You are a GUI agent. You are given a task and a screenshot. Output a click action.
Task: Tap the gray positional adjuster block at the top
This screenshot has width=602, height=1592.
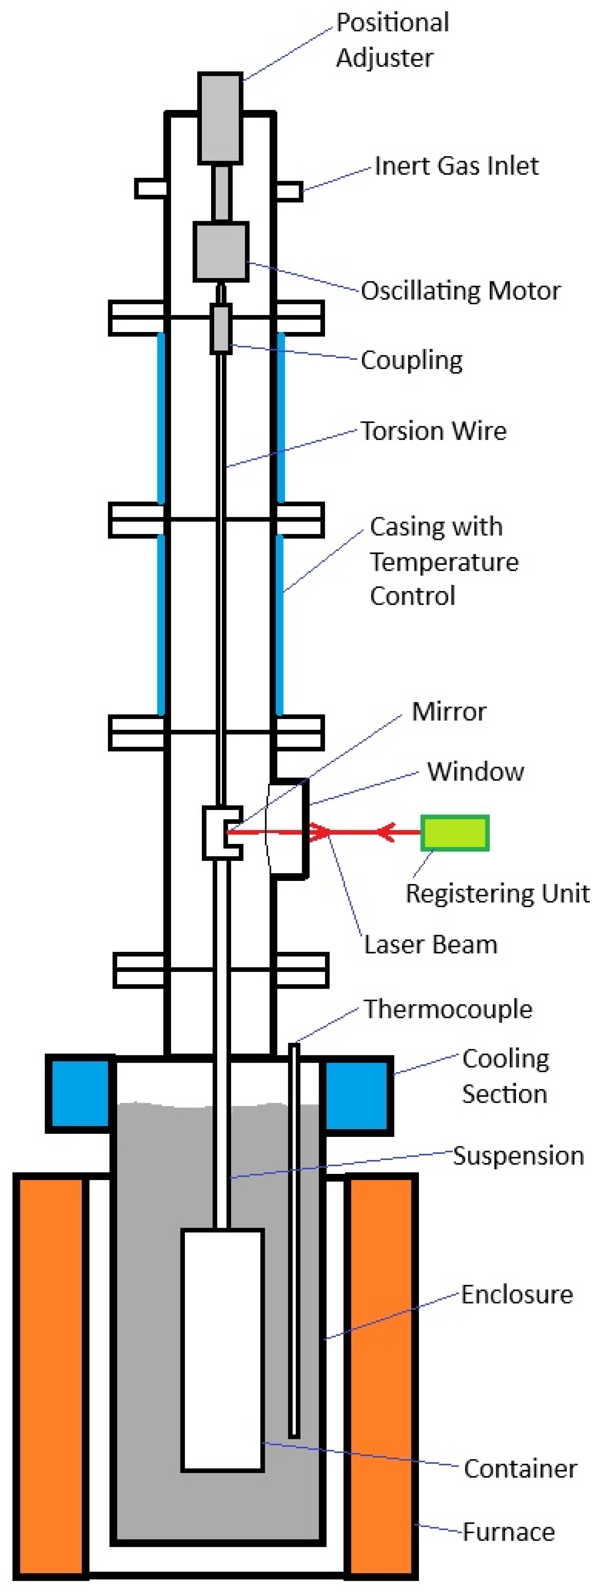220,117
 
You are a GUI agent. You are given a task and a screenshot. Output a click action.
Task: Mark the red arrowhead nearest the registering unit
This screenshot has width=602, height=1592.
388,832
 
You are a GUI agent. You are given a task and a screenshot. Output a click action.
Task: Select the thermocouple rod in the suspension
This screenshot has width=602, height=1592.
294,1236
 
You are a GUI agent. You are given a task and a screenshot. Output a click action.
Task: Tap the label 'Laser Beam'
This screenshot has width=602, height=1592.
430,944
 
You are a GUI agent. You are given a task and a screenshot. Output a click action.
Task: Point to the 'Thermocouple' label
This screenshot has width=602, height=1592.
448,1009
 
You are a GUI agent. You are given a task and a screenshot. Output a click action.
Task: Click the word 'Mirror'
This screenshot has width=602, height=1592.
449,711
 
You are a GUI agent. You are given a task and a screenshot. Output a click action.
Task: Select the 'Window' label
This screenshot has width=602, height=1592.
475,771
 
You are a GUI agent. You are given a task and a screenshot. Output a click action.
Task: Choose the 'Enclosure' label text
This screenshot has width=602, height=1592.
517,1294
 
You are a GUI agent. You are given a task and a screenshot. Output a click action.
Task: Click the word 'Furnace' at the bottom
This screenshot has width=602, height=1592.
509,1531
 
